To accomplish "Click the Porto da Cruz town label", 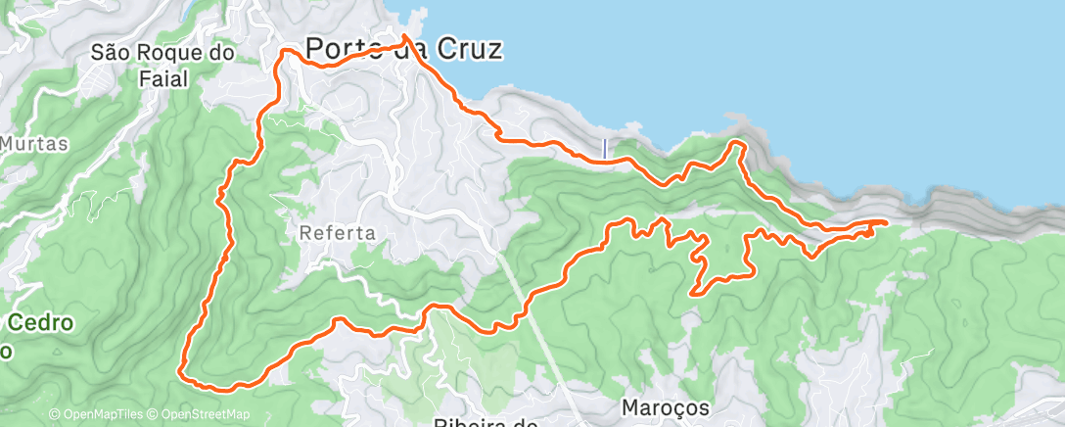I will [x=404, y=48].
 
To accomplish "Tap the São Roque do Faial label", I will [x=162, y=65].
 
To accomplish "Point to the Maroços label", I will [x=665, y=405].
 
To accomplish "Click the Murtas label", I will [x=34, y=144].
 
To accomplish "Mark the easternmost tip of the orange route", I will [x=887, y=222].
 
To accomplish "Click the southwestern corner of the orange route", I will [x=180, y=371].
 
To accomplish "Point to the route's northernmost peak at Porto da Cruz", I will [x=404, y=35].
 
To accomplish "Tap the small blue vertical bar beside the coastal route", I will [x=605, y=148].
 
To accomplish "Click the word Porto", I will [x=340, y=48].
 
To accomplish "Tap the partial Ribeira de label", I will [x=486, y=422].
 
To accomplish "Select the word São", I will [x=110, y=53].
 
